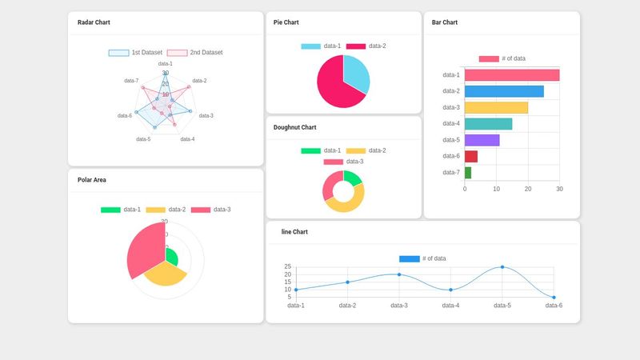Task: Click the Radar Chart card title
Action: click(94, 22)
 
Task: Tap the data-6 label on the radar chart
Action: click(124, 116)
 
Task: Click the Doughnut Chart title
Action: click(294, 127)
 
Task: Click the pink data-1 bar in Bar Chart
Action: click(511, 75)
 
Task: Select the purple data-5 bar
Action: click(482, 140)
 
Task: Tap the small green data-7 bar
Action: click(468, 172)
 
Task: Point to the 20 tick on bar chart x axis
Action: click(528, 190)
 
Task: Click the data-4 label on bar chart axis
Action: click(451, 124)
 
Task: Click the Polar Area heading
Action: click(92, 180)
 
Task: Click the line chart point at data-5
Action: click(502, 267)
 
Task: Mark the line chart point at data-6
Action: click(554, 298)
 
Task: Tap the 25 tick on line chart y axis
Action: click(288, 267)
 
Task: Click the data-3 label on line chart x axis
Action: click(399, 306)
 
